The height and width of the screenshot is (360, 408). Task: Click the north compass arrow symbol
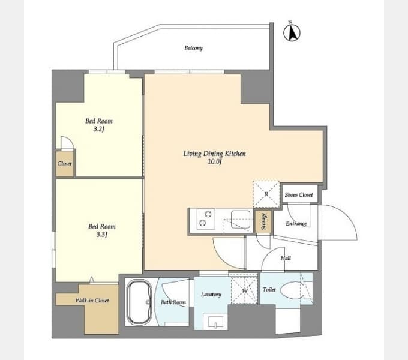(292, 32)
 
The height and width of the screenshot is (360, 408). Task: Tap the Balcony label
(193, 48)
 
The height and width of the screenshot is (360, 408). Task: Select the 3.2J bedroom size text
(98, 129)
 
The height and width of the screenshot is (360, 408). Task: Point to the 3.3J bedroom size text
(102, 235)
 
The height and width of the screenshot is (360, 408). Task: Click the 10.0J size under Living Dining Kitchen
(214, 161)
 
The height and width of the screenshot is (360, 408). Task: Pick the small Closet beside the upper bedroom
(65, 164)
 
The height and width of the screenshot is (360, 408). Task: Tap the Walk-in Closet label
(92, 301)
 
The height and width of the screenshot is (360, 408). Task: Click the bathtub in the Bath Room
(139, 302)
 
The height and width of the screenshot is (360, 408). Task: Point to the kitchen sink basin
(241, 220)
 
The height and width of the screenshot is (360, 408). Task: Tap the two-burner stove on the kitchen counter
(206, 219)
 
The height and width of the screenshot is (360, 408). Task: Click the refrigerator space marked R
(266, 194)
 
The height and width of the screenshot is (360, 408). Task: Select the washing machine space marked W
(244, 289)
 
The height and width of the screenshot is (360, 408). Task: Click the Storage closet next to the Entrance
(263, 221)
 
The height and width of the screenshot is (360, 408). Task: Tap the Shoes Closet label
(299, 194)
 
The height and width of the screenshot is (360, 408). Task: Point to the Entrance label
(296, 223)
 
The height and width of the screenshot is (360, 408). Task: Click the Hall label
(286, 258)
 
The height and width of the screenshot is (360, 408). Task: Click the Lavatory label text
(211, 295)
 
